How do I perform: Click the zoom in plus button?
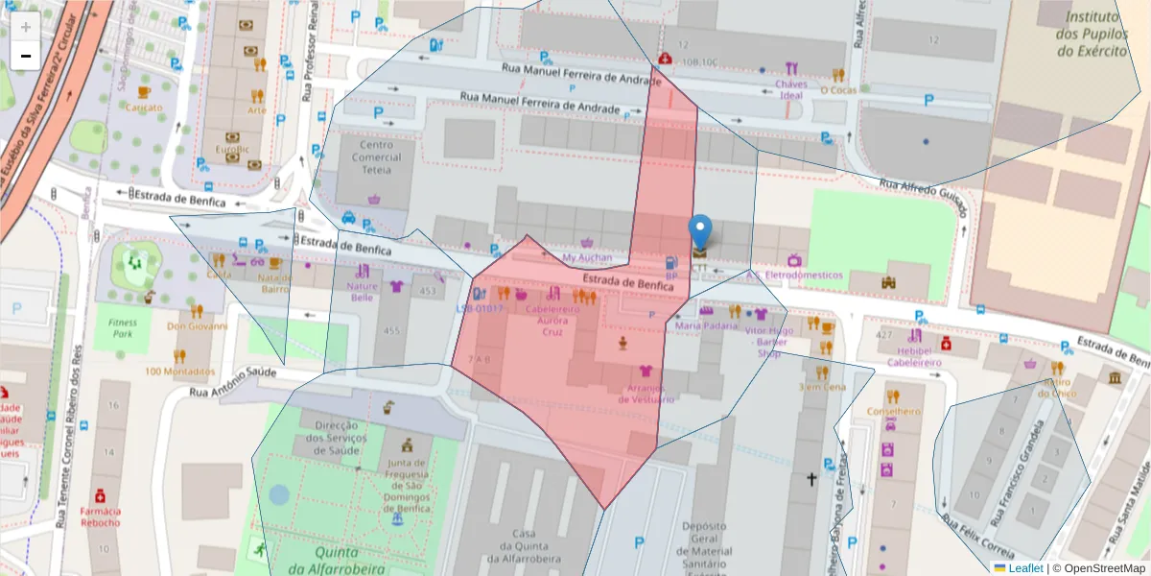click(x=26, y=27)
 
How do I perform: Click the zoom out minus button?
click(x=26, y=56)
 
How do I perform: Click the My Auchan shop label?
click(x=586, y=258)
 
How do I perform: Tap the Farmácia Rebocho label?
click(x=100, y=516)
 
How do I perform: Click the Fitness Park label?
click(x=123, y=328)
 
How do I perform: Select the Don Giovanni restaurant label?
click(x=198, y=325)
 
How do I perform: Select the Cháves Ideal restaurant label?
click(x=790, y=89)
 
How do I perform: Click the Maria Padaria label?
click(x=706, y=325)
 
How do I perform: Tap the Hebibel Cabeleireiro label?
click(x=914, y=357)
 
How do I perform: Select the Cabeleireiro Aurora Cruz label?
click(x=552, y=321)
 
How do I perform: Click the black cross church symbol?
click(x=811, y=478)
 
